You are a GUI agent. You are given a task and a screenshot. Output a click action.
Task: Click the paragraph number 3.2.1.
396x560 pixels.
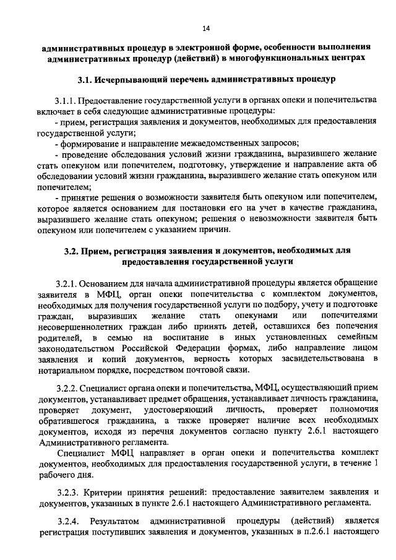coord(66,283)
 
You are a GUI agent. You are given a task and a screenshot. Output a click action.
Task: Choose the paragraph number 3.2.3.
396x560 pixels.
coord(66,492)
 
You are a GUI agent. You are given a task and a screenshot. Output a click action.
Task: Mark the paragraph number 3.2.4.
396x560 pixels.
coord(67,517)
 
